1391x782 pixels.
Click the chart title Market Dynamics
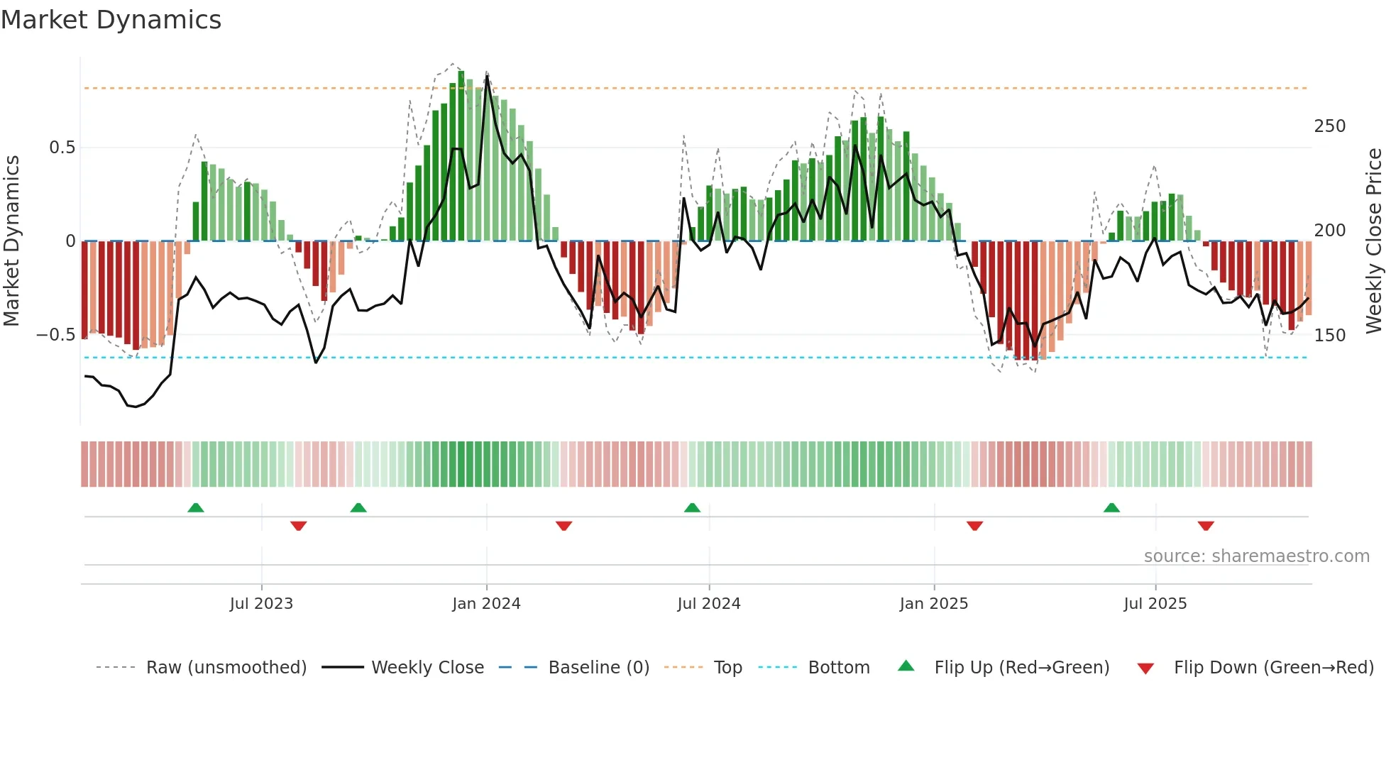tap(111, 20)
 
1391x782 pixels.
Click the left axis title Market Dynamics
tap(11, 241)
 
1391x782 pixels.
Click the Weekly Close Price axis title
tap(1374, 241)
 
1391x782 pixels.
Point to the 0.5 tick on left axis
tap(62, 148)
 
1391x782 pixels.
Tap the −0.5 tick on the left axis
tap(56, 335)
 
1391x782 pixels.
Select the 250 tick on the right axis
tap(1329, 126)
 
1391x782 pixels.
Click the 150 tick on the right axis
tap(1329, 335)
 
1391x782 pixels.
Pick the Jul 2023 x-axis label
tap(261, 604)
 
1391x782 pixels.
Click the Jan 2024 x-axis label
tap(486, 604)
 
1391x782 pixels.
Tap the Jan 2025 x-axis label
tap(933, 604)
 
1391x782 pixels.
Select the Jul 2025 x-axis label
tap(1155, 604)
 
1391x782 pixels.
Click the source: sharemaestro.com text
tap(1256, 556)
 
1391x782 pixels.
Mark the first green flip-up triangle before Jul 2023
tap(196, 507)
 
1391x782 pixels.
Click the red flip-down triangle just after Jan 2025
tap(974, 526)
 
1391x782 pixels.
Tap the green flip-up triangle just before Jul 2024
tap(692, 507)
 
